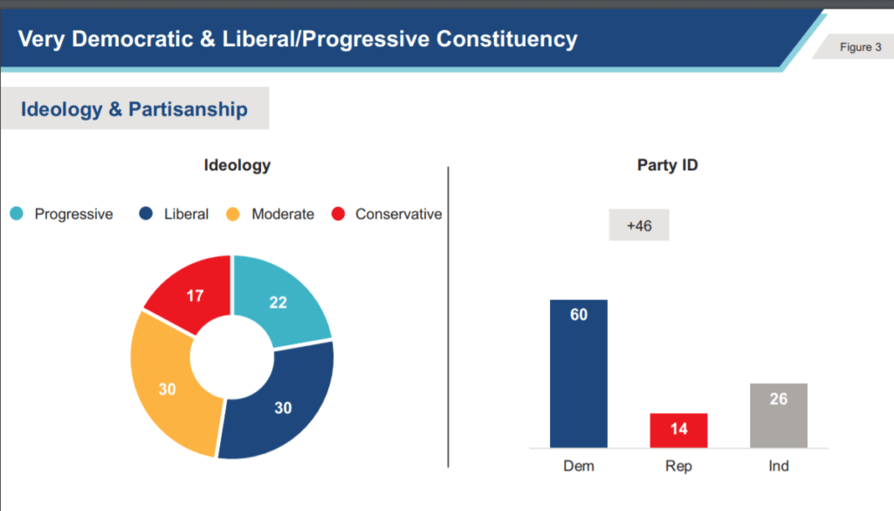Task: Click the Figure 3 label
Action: [x=860, y=47]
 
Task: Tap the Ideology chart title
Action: [x=237, y=165]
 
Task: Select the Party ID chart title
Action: [x=667, y=165]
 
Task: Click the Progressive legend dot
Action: [x=17, y=214]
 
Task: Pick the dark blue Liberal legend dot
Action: [x=147, y=214]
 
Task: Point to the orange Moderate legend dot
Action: [x=233, y=214]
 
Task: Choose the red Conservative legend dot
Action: [x=339, y=214]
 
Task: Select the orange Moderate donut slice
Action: [x=167, y=389]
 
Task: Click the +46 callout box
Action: [x=639, y=226]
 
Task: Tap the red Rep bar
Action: [x=678, y=430]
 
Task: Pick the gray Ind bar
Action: [x=778, y=415]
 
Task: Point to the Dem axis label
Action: [x=579, y=466]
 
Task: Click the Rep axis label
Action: [x=678, y=466]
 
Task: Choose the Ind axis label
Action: [x=778, y=466]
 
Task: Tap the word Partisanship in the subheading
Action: [x=188, y=109]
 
